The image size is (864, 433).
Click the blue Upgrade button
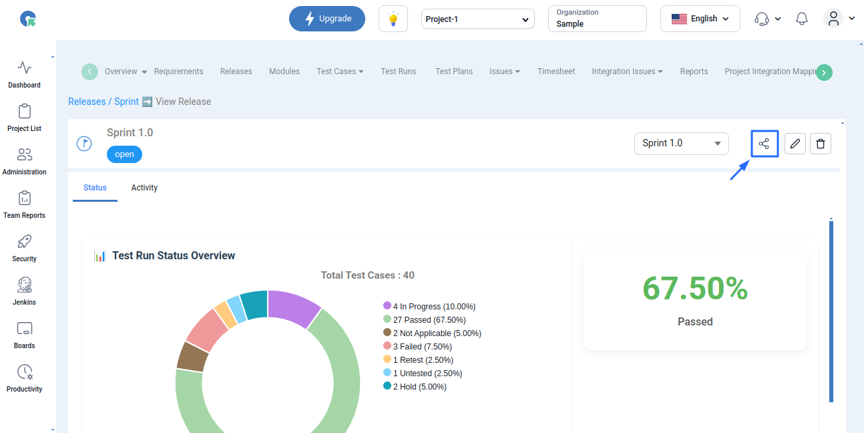[x=327, y=19]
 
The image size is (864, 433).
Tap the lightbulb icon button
[x=393, y=19]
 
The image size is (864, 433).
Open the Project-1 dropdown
[x=477, y=19]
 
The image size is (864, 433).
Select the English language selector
[x=700, y=19]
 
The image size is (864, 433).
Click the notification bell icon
[x=801, y=19]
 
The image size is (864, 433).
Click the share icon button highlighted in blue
[x=765, y=144]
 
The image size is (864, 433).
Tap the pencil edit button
[x=795, y=144]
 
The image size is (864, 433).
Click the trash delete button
[x=821, y=144]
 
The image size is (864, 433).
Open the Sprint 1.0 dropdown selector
[x=682, y=144]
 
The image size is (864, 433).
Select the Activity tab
[x=144, y=188]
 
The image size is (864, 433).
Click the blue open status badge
[x=124, y=154]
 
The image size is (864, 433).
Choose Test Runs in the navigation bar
[x=399, y=71]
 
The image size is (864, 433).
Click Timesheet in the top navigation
[x=556, y=71]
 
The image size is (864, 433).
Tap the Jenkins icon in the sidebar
[x=24, y=285]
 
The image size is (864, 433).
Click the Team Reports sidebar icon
[x=24, y=198]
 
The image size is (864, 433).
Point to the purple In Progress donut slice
[x=293, y=307]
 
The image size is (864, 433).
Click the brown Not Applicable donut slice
[x=192, y=357]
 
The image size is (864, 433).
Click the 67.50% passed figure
[x=695, y=288]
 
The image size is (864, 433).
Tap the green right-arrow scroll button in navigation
[x=824, y=72]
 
